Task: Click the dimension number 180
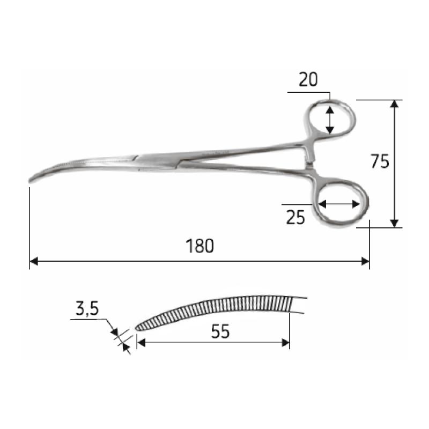200,246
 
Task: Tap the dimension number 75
379,161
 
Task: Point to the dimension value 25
295,218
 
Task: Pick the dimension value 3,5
86,309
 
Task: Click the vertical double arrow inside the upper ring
330,120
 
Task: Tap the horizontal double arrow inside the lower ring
338,204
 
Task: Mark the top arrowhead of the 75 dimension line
395,103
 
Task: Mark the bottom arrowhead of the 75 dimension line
395,224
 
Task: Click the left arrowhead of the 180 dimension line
33,261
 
